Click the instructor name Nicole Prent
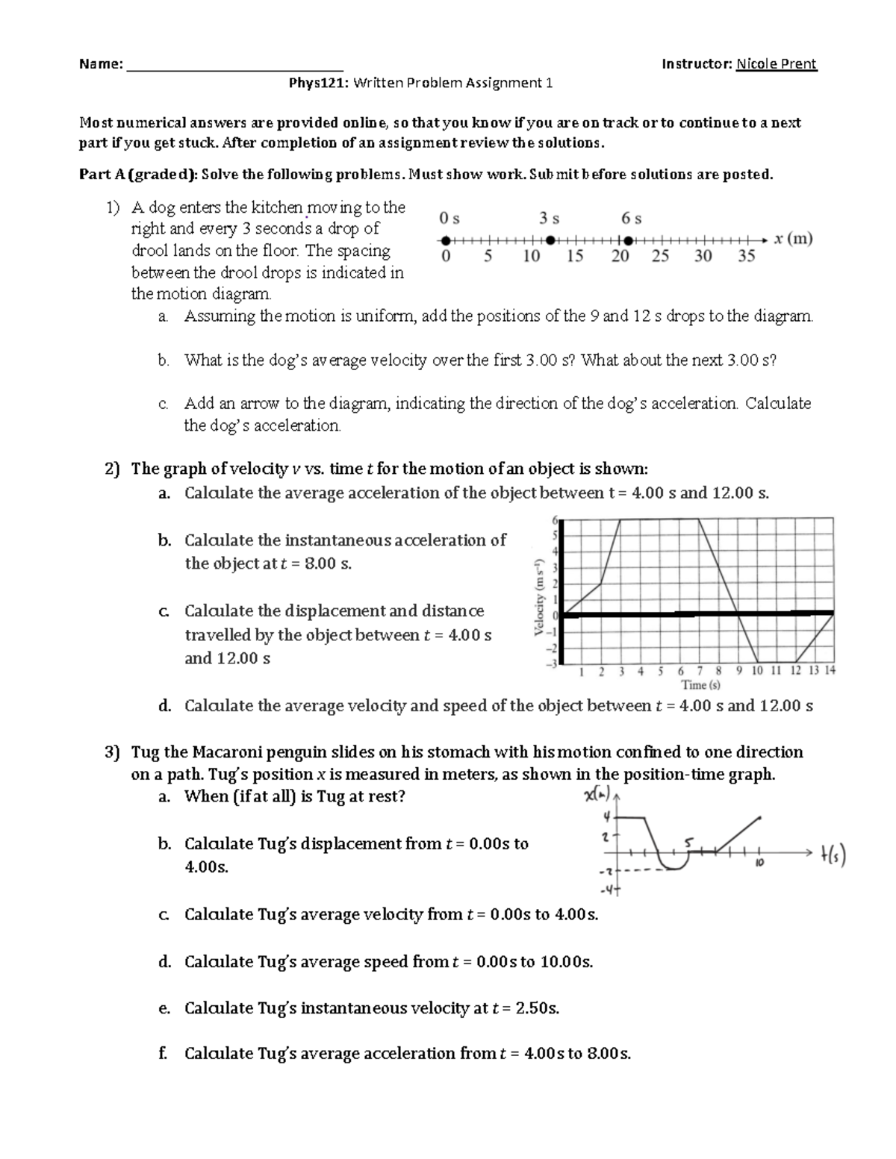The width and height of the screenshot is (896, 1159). [777, 64]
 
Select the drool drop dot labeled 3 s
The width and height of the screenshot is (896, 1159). [550, 240]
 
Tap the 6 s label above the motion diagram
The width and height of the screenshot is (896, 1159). [632, 219]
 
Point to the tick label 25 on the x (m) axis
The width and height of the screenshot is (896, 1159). [660, 257]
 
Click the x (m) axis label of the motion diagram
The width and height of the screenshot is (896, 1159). [793, 240]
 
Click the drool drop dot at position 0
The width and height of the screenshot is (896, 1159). [446, 240]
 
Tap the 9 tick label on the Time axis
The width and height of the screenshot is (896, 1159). [738, 671]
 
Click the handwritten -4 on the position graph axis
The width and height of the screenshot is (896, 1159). [609, 890]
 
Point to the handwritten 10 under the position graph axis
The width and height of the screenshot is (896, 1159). [758, 863]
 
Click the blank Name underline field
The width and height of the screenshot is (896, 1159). [235, 66]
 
